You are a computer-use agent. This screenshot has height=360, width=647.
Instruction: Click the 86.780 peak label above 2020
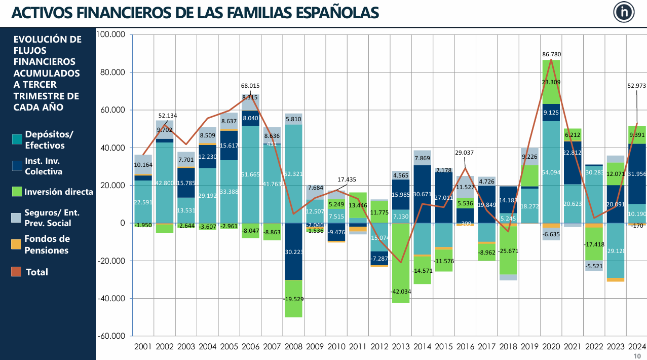click(551, 54)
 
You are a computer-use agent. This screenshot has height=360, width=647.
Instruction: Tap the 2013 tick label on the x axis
click(400, 347)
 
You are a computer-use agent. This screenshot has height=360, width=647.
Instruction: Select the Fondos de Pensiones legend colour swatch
click(17, 244)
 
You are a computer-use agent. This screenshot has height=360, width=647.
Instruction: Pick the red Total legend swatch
click(17, 272)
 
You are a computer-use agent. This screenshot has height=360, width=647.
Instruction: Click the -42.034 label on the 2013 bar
click(401, 292)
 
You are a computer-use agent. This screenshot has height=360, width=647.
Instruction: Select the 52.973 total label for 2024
click(637, 86)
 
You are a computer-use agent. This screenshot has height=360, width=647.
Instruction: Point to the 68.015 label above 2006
click(250, 86)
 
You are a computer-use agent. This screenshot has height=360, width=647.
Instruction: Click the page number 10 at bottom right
click(637, 356)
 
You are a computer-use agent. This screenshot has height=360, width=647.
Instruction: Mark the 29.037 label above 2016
click(465, 152)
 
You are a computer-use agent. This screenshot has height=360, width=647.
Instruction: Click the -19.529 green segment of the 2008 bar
click(293, 299)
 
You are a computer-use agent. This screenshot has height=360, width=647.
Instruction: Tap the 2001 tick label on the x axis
click(143, 347)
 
